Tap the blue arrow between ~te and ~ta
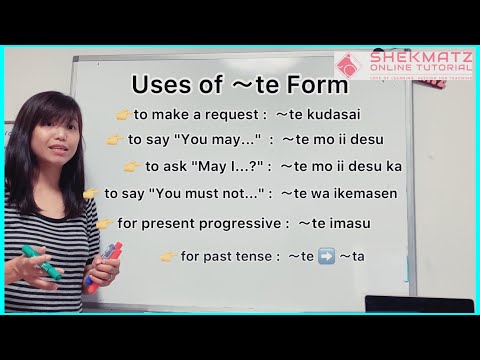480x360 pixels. point(327,257)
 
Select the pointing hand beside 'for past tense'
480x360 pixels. point(168,257)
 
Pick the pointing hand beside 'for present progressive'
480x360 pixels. point(104,222)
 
